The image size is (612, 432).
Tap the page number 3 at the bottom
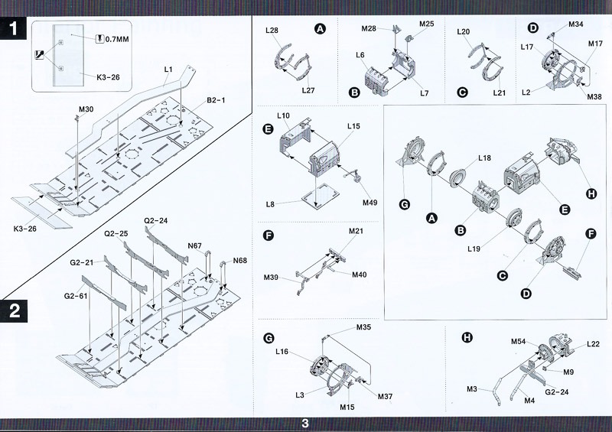tap(305, 423)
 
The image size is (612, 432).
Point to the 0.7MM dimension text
tap(116, 38)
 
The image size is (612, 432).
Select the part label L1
tap(168, 70)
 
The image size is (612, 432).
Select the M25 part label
tap(426, 24)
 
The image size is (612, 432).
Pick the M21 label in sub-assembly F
tap(356, 231)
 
